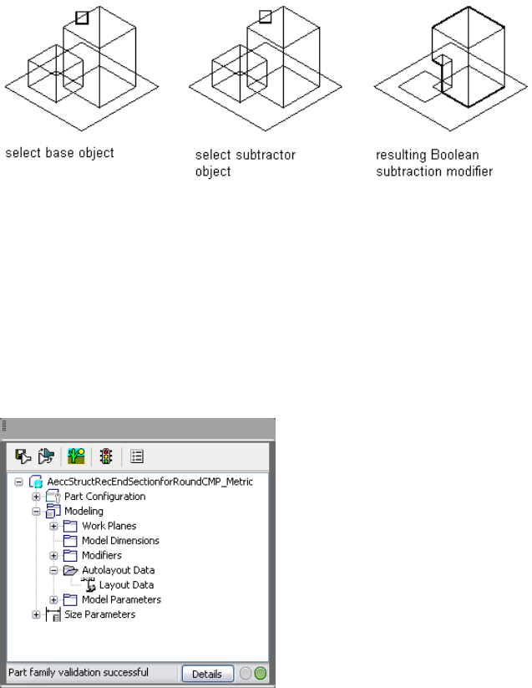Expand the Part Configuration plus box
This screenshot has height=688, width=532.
coord(36,497)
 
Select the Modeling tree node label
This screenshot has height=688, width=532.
coord(84,511)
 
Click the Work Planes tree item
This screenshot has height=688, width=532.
coord(109,526)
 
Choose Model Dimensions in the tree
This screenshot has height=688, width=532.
coord(120,541)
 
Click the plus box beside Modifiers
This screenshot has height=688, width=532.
coord(53,555)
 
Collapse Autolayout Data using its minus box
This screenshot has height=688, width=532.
coord(53,570)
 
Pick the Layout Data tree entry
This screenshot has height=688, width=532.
coord(126,585)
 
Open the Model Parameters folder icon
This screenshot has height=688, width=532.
coord(71,599)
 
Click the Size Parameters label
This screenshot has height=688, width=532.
coord(99,614)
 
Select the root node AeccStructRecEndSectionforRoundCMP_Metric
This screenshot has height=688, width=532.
coord(149,482)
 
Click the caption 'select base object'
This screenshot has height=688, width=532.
coord(59,154)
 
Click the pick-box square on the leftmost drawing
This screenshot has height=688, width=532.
coord(81,17)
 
